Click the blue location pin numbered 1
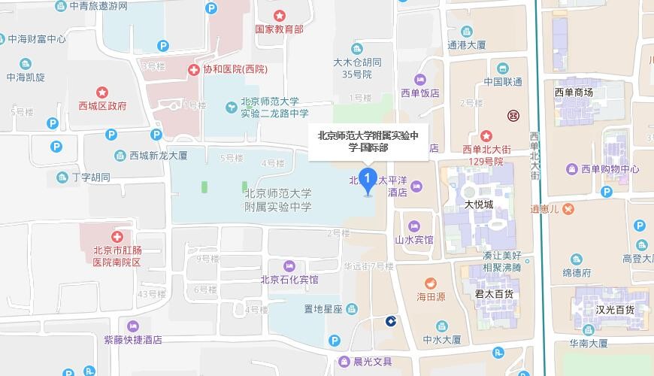click(x=368, y=180)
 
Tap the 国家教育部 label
click(x=279, y=29)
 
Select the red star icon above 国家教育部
click(x=279, y=15)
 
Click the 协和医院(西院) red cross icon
click(x=193, y=69)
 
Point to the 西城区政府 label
click(x=102, y=106)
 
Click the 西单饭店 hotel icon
click(x=420, y=80)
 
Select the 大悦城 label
click(x=479, y=204)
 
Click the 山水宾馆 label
click(x=414, y=240)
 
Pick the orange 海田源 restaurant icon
click(x=430, y=283)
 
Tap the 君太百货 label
click(x=494, y=293)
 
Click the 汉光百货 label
click(x=615, y=309)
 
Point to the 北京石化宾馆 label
click(x=289, y=280)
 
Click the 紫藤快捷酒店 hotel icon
click(x=133, y=326)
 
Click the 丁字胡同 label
click(x=91, y=177)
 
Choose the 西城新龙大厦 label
click(x=158, y=156)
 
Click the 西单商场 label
click(x=574, y=92)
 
